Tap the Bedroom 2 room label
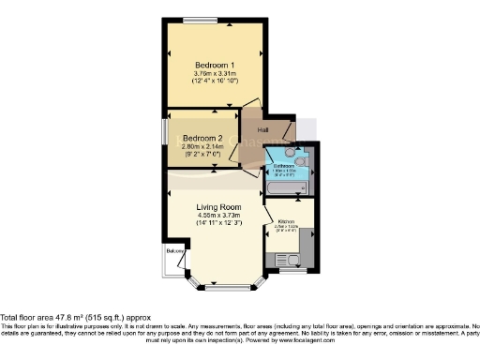[x=202, y=139]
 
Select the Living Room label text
[x=218, y=207]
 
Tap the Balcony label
[x=174, y=252]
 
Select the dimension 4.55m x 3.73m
[x=218, y=217]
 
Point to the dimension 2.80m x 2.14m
[x=202, y=147]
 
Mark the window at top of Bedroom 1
[x=200, y=20]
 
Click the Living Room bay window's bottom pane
[x=226, y=285]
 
